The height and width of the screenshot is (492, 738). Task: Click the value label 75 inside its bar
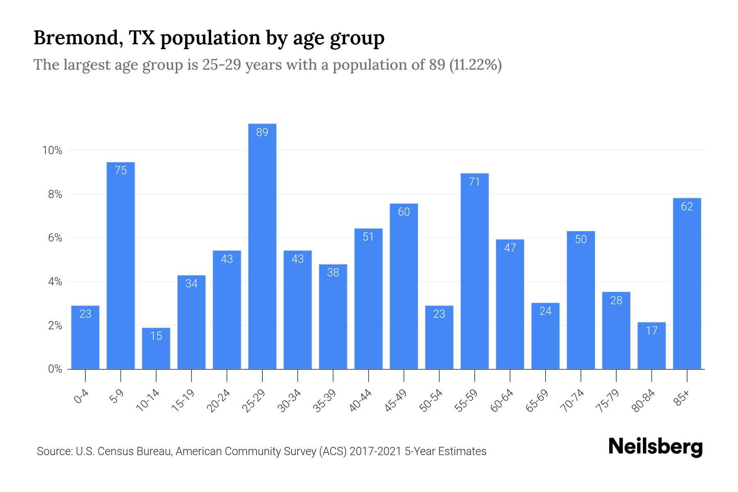121,170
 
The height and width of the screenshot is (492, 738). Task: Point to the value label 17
651,330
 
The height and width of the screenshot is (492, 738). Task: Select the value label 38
333,272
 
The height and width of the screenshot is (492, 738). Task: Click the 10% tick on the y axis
52,150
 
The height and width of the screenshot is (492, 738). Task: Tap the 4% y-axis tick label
55,282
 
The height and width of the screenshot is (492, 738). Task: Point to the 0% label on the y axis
55,369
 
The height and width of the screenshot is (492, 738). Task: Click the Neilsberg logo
655,446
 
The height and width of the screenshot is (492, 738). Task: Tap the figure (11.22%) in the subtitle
475,65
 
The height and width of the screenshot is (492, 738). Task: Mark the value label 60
403,212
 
